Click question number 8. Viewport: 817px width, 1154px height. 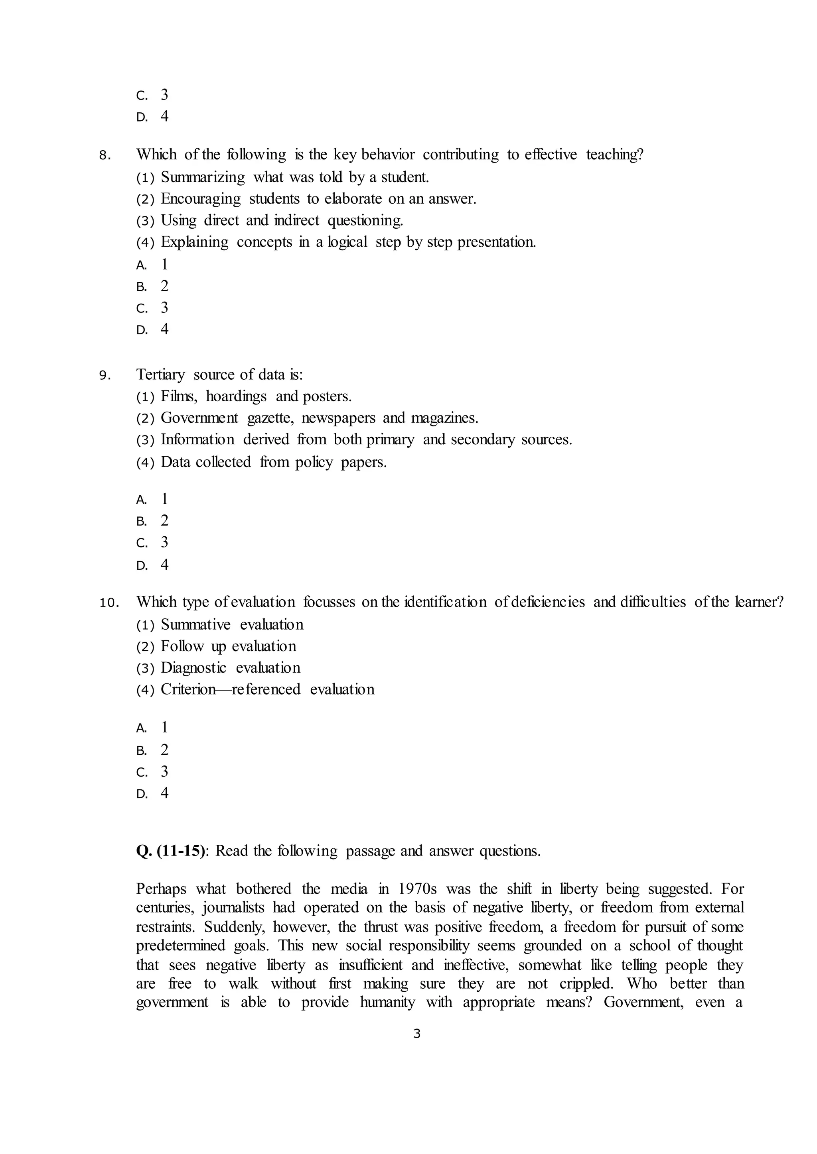click(x=104, y=156)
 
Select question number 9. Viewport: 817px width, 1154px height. click(x=104, y=376)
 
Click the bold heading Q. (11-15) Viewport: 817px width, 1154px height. click(x=171, y=851)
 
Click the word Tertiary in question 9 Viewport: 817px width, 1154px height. click(x=160, y=375)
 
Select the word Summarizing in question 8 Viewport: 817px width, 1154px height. click(x=203, y=177)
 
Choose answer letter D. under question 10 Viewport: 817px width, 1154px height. click(x=142, y=794)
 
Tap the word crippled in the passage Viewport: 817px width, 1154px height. click(x=586, y=983)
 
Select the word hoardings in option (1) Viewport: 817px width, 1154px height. click(x=236, y=396)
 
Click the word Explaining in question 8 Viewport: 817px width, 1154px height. click(x=194, y=242)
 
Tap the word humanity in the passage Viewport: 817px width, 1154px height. click(x=387, y=1002)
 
